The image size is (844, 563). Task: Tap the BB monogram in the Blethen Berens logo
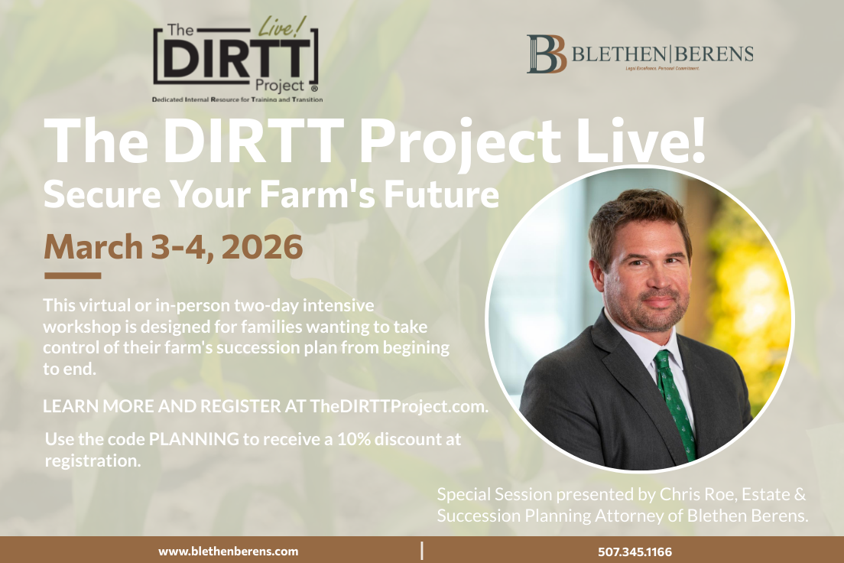coord(546,54)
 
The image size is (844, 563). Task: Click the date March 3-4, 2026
coord(174,246)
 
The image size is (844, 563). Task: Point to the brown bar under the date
coord(73,275)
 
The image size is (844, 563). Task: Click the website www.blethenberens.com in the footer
coord(229,551)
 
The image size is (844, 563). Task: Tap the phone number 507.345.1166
coord(635,551)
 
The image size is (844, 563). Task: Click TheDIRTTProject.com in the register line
coord(398,406)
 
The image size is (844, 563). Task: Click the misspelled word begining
coord(417,346)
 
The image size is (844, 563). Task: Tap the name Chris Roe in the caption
coord(674,494)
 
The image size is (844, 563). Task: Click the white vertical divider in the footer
coord(422,550)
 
